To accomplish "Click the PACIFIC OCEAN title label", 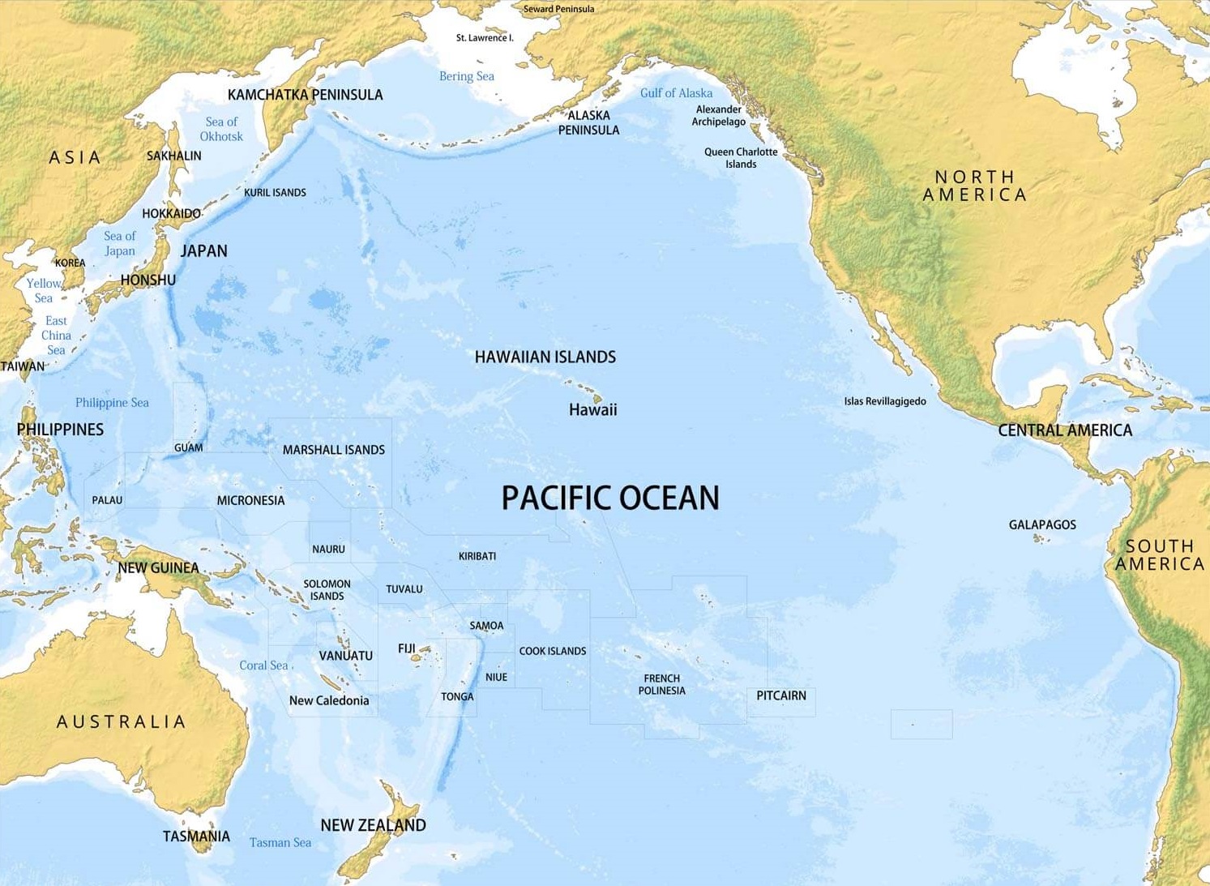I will pos(610,498).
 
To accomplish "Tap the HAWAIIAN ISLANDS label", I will pos(545,357).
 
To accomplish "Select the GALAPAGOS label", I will pos(1042,524).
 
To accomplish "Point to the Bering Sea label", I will pos(466,76).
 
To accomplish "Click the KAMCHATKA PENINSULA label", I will pos(305,95).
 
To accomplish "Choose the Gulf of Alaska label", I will pos(676,93).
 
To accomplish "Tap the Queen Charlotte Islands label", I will pos(740,158).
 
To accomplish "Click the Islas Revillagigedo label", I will pos(884,401).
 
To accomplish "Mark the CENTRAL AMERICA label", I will pos(1064,430).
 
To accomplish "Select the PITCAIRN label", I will pos(780,696).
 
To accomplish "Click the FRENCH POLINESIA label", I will pos(661,684).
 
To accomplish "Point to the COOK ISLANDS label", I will pos(552,651).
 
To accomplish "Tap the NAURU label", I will pos(328,549).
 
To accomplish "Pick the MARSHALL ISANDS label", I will pos(333,450).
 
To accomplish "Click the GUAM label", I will pos(188,447).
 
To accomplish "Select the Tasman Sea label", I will pos(280,842).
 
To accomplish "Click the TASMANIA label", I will pos(196,836).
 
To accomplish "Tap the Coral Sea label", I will pos(263,665).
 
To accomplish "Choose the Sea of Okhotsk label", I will pos(221,129).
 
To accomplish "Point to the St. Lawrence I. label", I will pos(485,38).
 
